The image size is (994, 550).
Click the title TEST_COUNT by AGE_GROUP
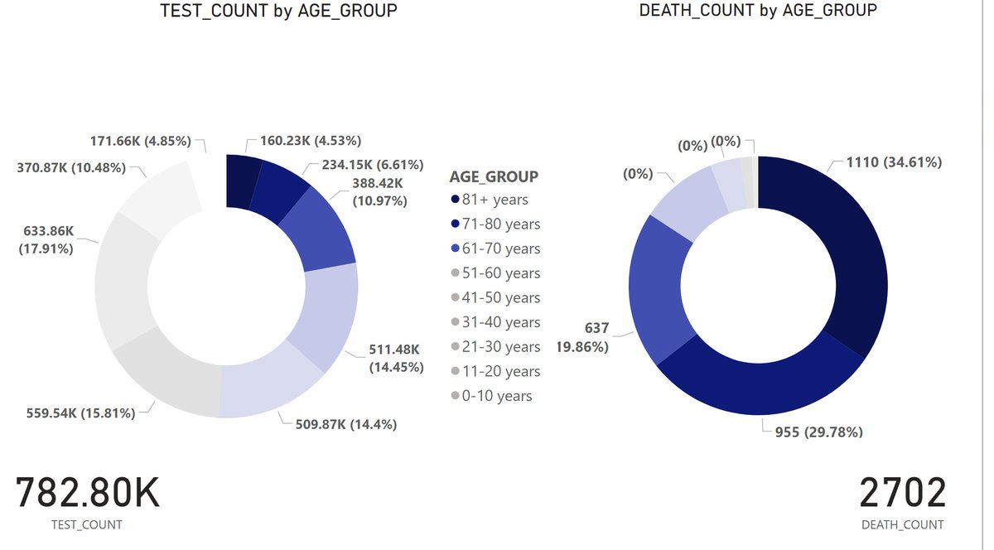pos(278,11)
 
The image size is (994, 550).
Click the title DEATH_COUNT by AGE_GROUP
pos(758,11)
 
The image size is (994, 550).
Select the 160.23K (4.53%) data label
pos(311,141)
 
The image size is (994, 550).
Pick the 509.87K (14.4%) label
pos(346,424)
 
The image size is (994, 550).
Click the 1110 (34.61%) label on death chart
pos(894,162)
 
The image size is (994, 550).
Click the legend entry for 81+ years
pos(495,200)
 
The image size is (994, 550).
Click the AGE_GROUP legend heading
pos(494,176)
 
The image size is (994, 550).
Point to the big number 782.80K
pos(88,494)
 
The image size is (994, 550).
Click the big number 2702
pos(902,494)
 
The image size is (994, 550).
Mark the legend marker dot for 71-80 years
pos(455,224)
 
